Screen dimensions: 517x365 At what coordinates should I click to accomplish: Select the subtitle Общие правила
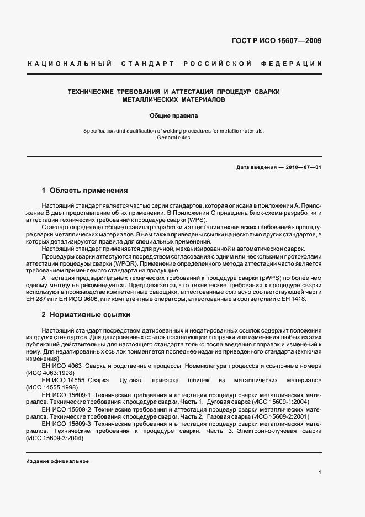(173, 116)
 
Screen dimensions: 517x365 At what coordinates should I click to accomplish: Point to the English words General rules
(173, 138)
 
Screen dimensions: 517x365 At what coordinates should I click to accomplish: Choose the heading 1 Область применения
(85, 191)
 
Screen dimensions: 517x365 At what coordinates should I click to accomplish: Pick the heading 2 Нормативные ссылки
(86, 315)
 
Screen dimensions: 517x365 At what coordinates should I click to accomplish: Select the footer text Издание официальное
(57, 461)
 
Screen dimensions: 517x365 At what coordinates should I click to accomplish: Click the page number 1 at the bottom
(320, 472)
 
